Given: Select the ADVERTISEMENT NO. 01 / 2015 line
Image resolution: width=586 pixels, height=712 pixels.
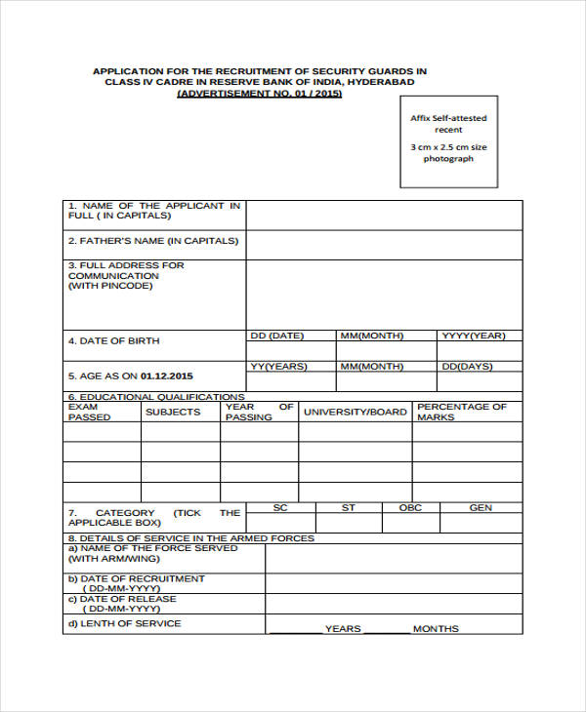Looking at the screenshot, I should point(260,95).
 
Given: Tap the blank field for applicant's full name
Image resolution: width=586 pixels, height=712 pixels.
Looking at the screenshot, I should point(384,216).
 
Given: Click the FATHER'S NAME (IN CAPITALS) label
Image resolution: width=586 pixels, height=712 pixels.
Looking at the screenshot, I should point(153,241).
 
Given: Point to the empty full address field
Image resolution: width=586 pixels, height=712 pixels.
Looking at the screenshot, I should point(384,295).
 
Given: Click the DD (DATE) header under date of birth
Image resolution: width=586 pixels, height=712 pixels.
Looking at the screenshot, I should point(277,336).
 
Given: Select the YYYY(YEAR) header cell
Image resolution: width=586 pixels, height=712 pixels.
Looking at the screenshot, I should point(474,336).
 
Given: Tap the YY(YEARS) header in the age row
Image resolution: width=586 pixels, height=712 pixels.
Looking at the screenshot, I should point(278,367).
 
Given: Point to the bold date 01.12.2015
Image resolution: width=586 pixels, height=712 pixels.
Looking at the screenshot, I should point(167,376).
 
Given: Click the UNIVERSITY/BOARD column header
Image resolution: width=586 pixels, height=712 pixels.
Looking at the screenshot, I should point(355,412).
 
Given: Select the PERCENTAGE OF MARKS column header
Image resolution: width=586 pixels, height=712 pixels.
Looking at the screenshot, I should point(462,412).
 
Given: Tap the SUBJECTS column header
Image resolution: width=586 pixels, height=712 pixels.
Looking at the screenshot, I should point(173,412).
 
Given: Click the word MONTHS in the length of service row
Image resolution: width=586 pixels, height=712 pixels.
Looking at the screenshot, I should point(436,629).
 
